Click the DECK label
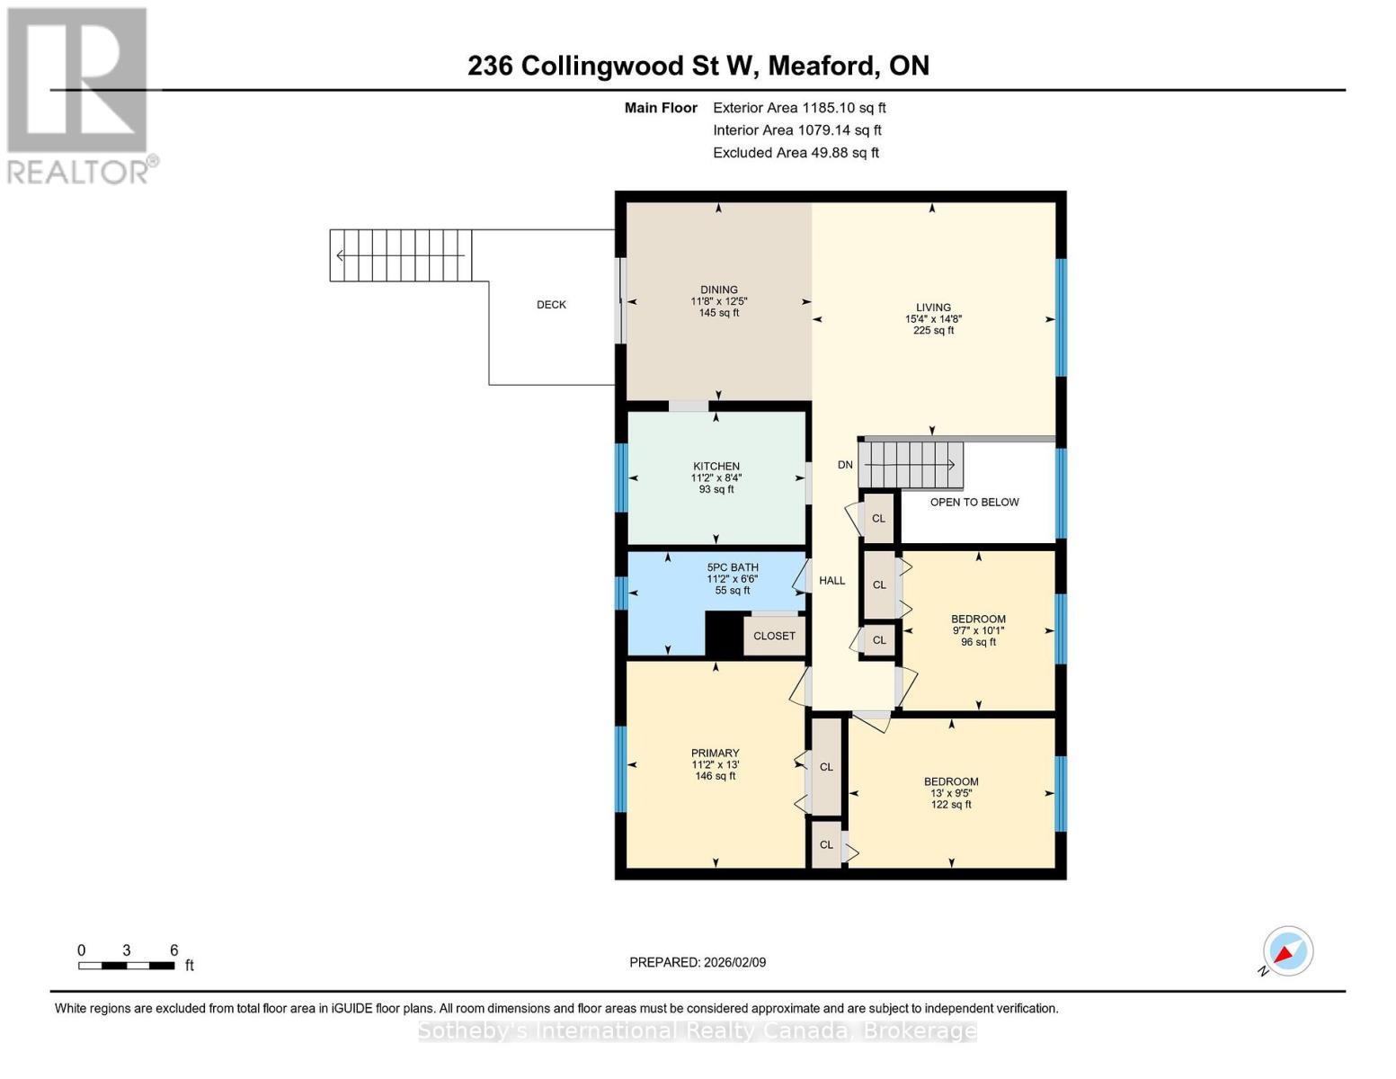[551, 305]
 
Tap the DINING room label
[719, 290]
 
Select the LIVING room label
[933, 308]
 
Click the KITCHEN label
[716, 467]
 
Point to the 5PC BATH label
[733, 567]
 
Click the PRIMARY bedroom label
[716, 754]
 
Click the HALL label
[831, 581]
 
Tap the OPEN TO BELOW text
[974, 503]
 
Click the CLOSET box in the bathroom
[774, 636]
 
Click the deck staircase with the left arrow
[401, 255]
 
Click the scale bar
[127, 966]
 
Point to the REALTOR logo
[78, 94]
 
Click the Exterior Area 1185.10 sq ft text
[799, 108]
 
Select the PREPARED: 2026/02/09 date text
[698, 962]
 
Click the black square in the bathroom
[724, 634]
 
